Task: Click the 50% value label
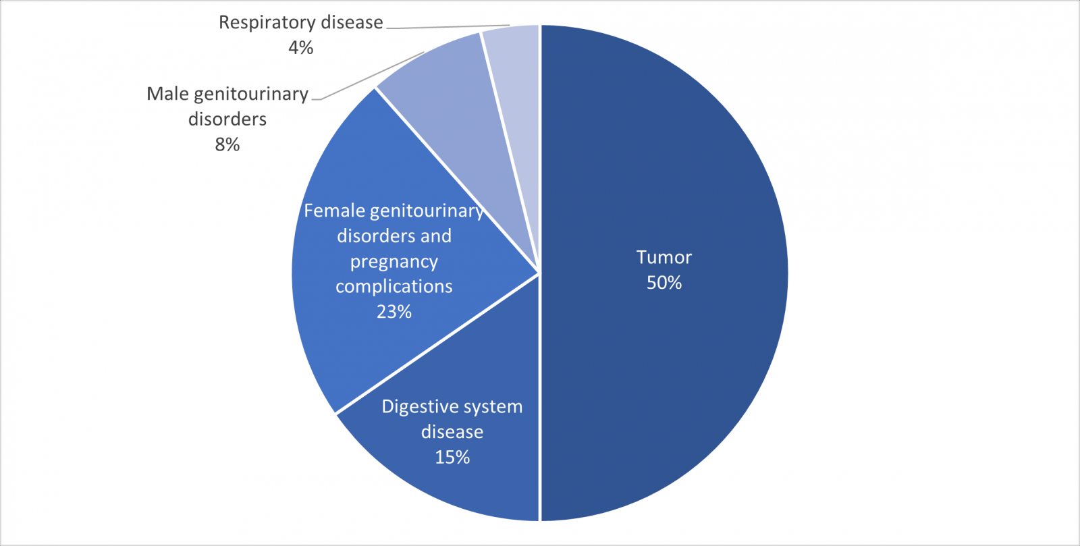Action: (664, 283)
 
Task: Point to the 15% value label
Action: (452, 458)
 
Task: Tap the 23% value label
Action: (394, 312)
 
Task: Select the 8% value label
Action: (227, 144)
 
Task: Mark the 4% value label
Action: (300, 48)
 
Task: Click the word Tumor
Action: (664, 257)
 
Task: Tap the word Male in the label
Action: (168, 94)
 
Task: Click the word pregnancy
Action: (394, 262)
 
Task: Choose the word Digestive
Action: (414, 407)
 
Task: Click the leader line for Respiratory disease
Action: (448, 26)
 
